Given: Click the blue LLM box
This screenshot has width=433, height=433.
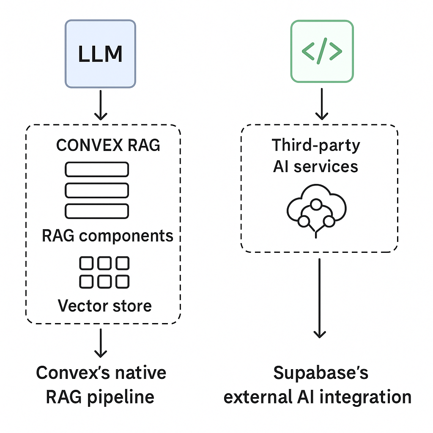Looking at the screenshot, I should [x=100, y=54].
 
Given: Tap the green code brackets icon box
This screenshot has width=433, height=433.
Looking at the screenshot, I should [x=322, y=51].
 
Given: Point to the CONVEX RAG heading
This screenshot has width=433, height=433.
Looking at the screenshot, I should [x=108, y=145].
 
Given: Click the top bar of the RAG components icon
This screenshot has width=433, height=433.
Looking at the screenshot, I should [x=96, y=170].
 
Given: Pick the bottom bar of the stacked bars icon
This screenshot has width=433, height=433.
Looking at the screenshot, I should [x=96, y=211].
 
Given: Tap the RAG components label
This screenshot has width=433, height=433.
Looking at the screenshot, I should [x=107, y=236].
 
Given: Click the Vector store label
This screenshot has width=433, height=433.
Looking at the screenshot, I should [x=104, y=305].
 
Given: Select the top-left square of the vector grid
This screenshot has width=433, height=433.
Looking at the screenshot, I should [x=87, y=263].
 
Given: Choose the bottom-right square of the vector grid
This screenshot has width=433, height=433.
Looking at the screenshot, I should [x=122, y=281].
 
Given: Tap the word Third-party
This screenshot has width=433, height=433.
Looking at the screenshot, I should [x=316, y=145].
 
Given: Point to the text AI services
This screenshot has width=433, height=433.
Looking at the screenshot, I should [x=315, y=166].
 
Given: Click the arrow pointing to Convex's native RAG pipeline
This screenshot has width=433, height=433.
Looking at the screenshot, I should [x=100, y=343].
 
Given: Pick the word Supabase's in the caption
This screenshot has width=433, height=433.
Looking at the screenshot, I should [x=321, y=373].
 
